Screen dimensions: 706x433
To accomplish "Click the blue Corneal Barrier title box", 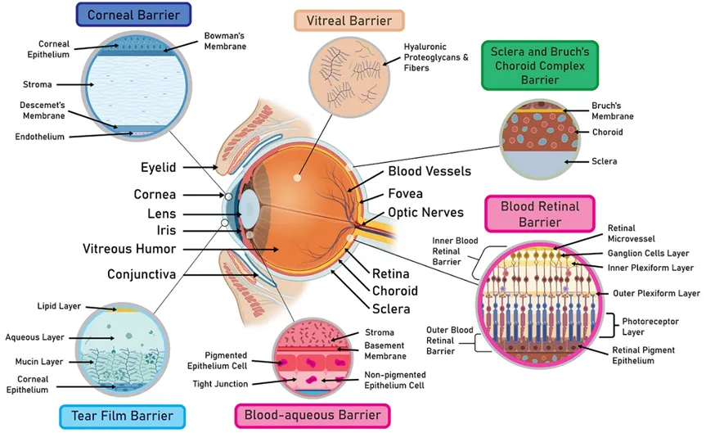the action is tap(133, 15).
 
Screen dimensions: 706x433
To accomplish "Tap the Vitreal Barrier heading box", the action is tap(349, 20).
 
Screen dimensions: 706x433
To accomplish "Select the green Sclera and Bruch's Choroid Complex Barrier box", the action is tap(540, 65).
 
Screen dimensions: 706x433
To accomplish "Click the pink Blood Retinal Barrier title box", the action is tap(540, 214).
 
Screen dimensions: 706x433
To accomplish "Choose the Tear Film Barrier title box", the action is tap(122, 416).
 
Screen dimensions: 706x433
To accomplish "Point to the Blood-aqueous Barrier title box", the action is tap(313, 415).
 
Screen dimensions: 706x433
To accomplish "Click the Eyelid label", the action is tap(159, 167).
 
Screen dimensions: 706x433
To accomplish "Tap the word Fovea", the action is tap(405, 194).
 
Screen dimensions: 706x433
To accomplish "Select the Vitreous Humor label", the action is tap(129, 249).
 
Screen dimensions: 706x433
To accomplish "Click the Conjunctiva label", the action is tap(142, 274).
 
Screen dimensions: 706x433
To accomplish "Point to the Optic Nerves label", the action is tap(426, 213).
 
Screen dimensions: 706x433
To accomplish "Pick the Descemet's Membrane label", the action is tap(43, 111).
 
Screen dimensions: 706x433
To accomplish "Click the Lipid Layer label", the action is tap(59, 306).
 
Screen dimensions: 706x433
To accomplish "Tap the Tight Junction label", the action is tap(220, 384).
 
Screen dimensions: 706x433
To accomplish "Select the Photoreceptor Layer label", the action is tap(650, 327).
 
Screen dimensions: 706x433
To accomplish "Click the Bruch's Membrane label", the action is tap(613, 111).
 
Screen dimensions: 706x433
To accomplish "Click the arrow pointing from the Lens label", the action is tap(213, 214).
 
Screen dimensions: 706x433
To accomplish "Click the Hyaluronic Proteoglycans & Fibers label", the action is tap(436, 57).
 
